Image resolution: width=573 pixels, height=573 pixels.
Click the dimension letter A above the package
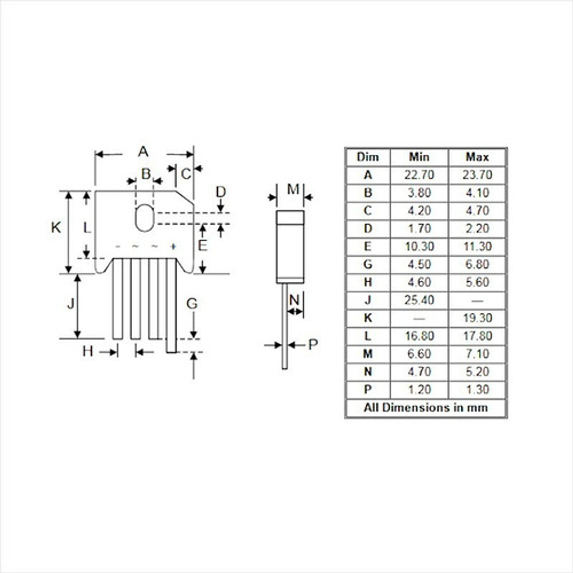click(143, 152)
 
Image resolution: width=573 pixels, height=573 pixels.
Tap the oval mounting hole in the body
click(144, 218)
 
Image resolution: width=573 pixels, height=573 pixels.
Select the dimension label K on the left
click(56, 227)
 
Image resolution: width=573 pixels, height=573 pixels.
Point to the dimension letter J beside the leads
click(71, 303)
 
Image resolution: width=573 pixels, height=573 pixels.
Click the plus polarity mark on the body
click(173, 246)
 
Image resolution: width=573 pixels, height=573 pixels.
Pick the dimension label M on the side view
click(293, 190)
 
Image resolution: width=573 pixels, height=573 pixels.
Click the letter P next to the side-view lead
click(313, 344)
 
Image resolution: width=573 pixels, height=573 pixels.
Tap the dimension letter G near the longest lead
click(191, 303)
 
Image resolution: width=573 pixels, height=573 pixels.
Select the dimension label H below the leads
click(87, 351)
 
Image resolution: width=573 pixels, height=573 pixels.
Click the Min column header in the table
click(419, 157)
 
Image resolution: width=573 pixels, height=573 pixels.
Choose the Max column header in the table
click(477, 157)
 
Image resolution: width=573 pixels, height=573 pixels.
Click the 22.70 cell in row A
click(419, 175)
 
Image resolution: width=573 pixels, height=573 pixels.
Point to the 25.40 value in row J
click(419, 300)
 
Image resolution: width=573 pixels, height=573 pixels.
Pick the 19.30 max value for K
click(477, 318)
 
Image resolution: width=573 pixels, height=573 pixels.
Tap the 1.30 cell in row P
click(477, 390)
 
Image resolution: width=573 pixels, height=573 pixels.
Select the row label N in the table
click(367, 372)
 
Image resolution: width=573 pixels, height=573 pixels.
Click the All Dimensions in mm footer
click(425, 408)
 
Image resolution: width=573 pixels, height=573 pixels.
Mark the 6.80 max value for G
click(477, 265)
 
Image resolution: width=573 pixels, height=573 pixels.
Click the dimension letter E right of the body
click(202, 245)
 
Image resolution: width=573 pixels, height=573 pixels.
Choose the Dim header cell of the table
click(367, 157)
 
